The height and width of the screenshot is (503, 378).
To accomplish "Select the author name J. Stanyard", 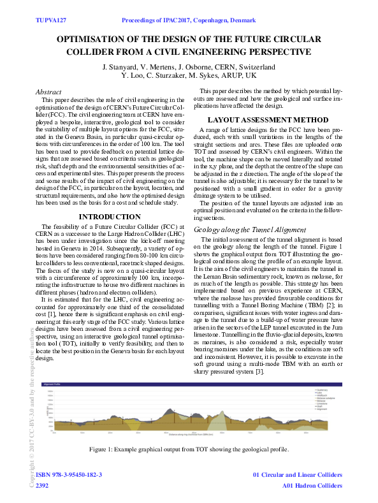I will coord(121,66).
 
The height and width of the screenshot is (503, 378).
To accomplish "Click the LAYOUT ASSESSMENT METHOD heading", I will coord(268,119).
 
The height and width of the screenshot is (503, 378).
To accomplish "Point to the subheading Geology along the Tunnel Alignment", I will coord(250,229).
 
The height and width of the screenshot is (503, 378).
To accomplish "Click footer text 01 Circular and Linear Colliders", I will coord(298,476).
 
